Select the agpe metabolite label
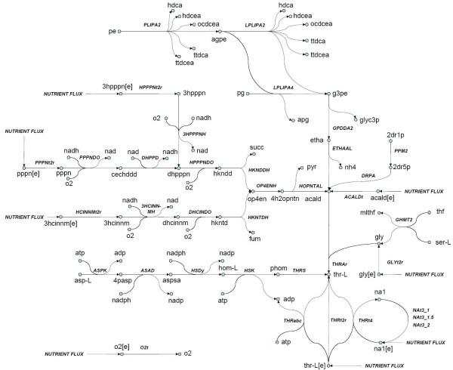pos(199,39)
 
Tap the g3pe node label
pos(344,94)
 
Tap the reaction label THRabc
pos(293,320)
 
